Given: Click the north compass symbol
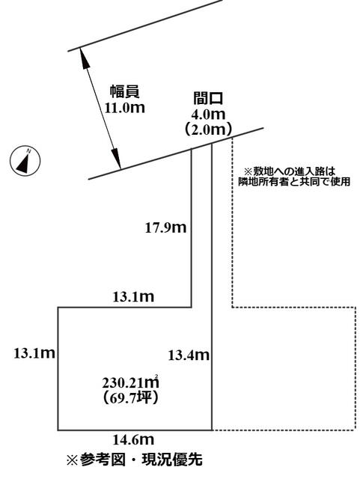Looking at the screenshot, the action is [x=25, y=160].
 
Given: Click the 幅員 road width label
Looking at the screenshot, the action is [x=125, y=91].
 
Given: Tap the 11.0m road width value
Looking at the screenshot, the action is [x=125, y=108].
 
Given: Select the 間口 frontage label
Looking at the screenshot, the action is [x=208, y=98].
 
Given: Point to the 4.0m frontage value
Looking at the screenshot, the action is [x=208, y=115].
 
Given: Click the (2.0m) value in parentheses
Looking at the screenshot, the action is [x=208, y=129].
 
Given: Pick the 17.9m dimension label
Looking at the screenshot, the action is [x=165, y=228].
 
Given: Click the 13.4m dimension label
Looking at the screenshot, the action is [x=189, y=356].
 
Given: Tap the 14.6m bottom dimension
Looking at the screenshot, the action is [x=133, y=440].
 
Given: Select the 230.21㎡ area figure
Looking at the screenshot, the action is [x=130, y=382].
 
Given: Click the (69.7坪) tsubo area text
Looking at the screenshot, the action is [x=130, y=397].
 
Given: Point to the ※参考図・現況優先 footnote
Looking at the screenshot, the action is [x=135, y=459].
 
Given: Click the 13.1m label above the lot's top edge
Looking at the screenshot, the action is [x=133, y=297].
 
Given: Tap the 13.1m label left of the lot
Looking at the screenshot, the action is [x=34, y=353].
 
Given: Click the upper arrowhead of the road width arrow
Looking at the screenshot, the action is [x=85, y=60].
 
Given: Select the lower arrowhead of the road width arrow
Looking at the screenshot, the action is [x=116, y=158].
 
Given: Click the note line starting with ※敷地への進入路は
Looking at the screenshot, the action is [x=289, y=171].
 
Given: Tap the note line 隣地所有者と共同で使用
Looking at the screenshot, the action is [x=294, y=182].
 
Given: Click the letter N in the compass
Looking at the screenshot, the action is [x=28, y=150].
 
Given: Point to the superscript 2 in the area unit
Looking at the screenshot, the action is [x=157, y=376].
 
